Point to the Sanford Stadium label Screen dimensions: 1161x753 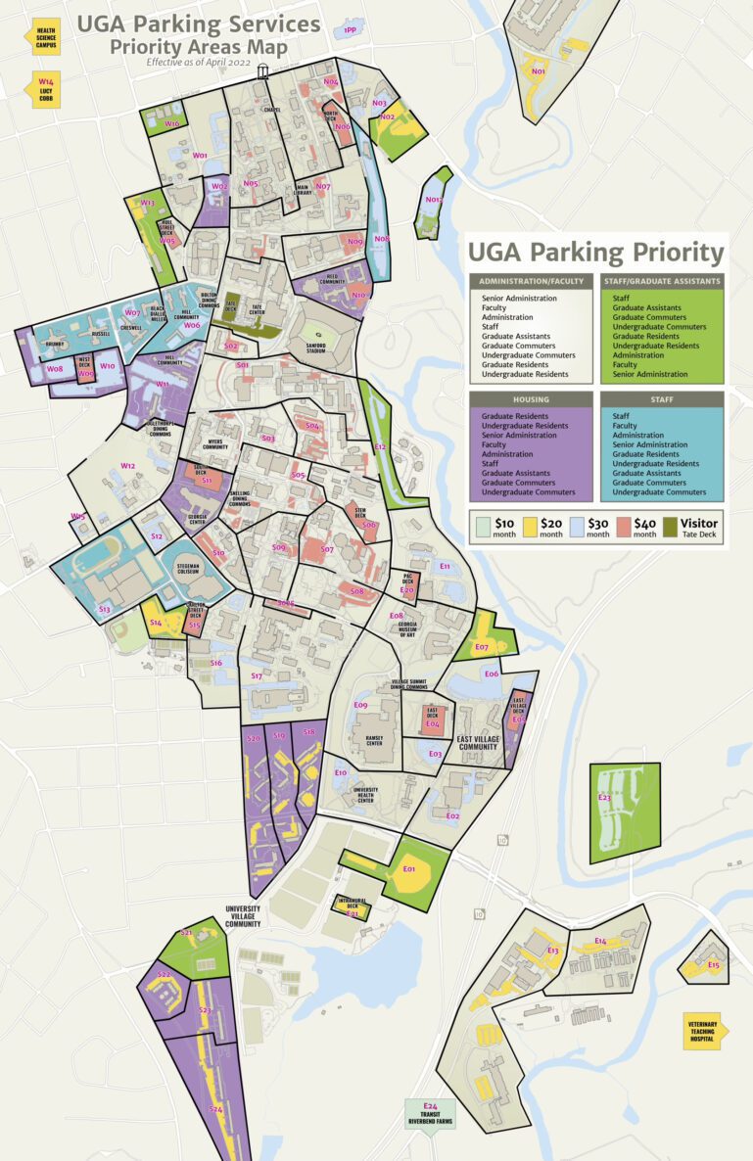coord(317,344)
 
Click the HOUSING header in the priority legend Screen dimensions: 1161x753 coord(531,398)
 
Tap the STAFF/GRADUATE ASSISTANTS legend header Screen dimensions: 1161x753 coord(661,281)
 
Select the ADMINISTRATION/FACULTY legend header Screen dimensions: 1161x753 coord(531,281)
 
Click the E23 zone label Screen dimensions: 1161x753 coord(604,798)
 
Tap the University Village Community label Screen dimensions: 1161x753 coord(242,915)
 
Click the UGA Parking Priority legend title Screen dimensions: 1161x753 coord(595,253)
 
